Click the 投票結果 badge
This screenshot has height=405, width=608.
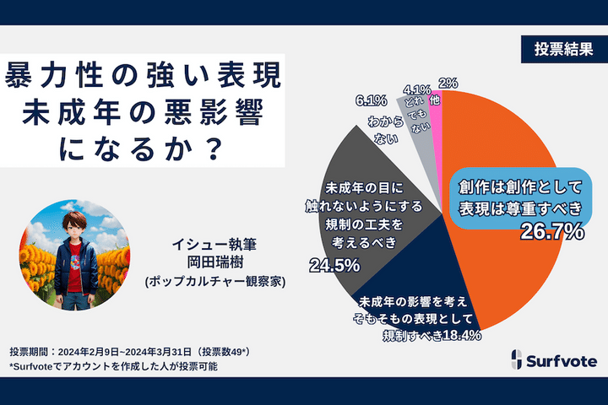(x=556, y=48)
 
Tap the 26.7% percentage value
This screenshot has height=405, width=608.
(x=550, y=230)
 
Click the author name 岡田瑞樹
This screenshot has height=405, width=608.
(x=214, y=262)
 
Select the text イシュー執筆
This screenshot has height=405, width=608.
(x=214, y=244)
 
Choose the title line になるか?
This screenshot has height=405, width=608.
(x=142, y=148)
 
